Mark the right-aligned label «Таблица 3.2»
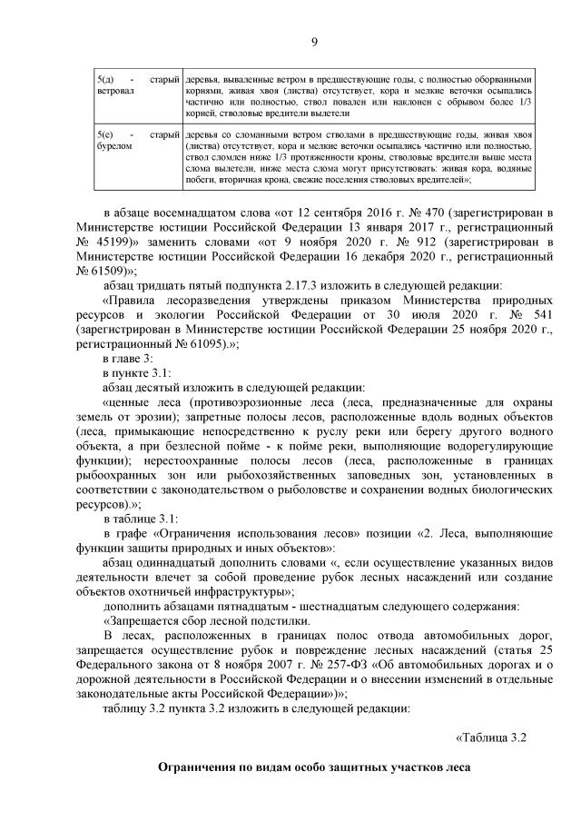[490, 737]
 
